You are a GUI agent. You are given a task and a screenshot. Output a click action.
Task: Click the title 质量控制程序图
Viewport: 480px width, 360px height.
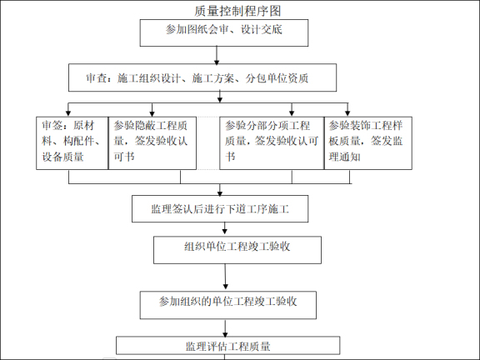237,10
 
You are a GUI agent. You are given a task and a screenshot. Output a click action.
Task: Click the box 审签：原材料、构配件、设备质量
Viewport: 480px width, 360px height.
72,142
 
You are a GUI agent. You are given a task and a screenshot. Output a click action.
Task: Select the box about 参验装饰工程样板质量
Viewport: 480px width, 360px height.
367,142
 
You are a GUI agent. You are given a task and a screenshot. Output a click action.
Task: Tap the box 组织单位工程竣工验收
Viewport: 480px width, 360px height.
237,248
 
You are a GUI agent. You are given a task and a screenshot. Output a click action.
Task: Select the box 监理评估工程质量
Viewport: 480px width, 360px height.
227,346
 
